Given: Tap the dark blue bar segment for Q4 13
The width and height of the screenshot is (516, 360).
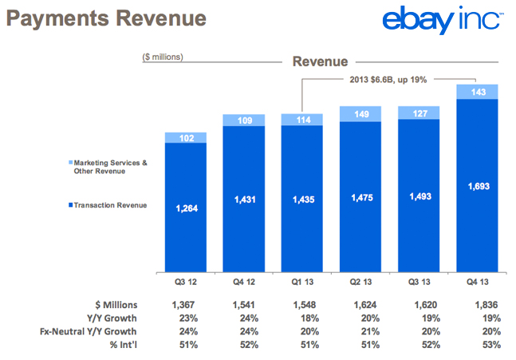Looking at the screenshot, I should click(x=476, y=184).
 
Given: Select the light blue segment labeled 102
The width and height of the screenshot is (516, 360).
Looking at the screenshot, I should click(x=185, y=137).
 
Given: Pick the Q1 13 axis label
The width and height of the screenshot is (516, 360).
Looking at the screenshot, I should click(x=301, y=282).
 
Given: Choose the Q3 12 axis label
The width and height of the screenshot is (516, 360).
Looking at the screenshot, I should click(x=185, y=282).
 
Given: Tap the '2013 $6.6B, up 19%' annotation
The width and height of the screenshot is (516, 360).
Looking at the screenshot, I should click(x=389, y=80).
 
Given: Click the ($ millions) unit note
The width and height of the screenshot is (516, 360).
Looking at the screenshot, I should click(x=163, y=57).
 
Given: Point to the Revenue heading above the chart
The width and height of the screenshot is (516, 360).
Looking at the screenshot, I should click(x=320, y=61).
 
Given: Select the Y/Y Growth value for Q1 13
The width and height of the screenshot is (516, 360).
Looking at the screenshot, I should click(x=301, y=318).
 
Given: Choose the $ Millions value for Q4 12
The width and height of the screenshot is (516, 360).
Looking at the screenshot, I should click(x=243, y=305).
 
